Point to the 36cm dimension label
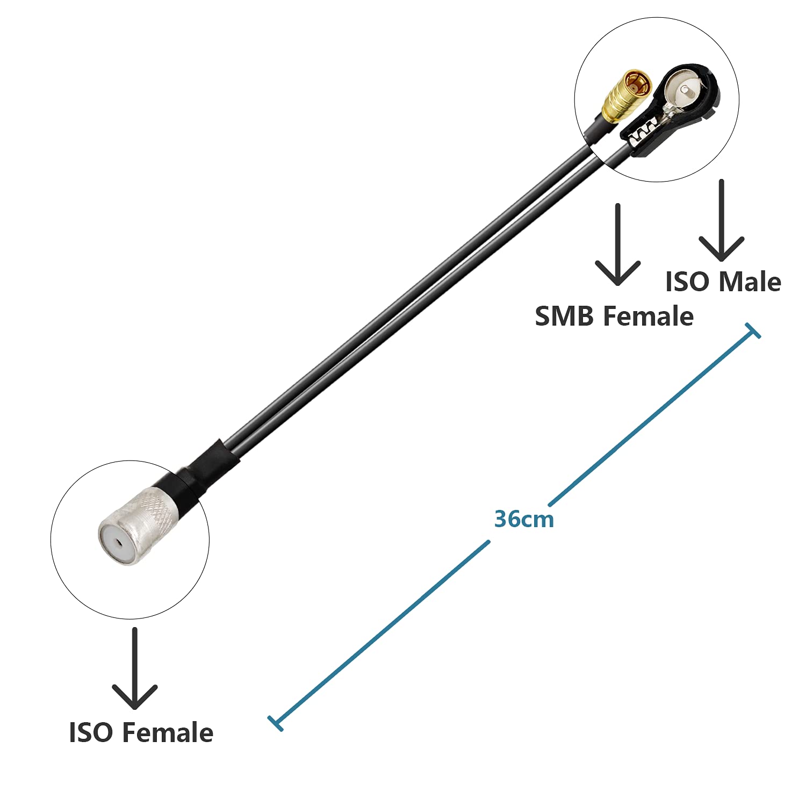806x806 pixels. (524, 519)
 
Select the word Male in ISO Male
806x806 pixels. (750, 282)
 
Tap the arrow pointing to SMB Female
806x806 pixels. (618, 244)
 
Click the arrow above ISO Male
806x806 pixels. (722, 220)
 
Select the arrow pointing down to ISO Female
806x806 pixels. (134, 668)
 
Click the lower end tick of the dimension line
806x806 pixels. (276, 723)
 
